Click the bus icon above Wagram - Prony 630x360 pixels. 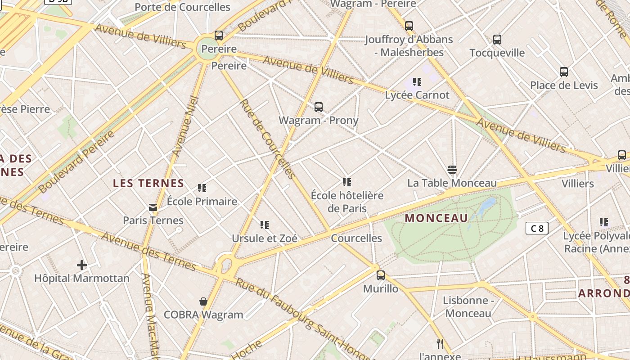[x=319, y=107]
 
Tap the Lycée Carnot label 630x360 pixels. [x=417, y=95]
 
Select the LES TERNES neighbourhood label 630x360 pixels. [x=148, y=183]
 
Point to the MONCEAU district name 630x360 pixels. [x=436, y=218]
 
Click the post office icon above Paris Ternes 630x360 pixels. [x=153, y=207]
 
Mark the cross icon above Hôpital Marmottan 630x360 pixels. [x=82, y=265]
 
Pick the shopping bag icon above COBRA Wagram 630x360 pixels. [x=203, y=301]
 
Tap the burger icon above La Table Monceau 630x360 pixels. [x=452, y=170]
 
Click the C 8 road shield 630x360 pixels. [x=537, y=228]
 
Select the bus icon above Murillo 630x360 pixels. [x=381, y=275]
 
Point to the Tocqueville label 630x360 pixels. [x=497, y=53]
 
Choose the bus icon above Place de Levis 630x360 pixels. [x=563, y=72]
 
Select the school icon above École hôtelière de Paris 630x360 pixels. [x=346, y=182]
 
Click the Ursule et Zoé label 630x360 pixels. [x=265, y=238]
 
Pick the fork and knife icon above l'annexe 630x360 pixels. [x=440, y=344]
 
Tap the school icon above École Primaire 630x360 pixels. [x=202, y=188]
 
